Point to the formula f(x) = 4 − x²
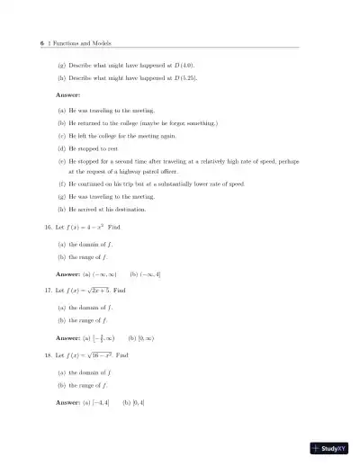(x=96, y=228)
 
